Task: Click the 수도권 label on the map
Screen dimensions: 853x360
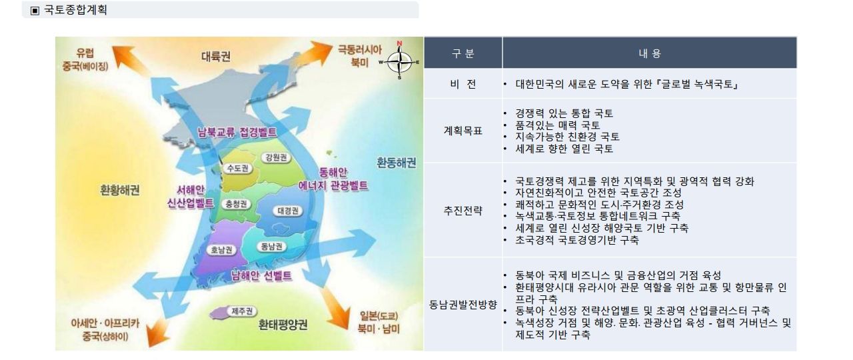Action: click(238, 169)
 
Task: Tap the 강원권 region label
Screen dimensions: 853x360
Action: click(276, 157)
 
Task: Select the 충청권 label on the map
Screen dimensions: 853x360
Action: click(236, 204)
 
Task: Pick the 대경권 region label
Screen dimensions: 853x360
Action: click(288, 211)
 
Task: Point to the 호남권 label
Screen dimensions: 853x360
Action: click(221, 250)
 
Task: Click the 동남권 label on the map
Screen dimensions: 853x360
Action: click(271, 247)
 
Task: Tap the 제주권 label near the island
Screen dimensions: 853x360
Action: click(242, 311)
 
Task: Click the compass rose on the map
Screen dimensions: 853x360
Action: click(399, 60)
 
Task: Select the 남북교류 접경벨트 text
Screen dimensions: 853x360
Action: click(237, 132)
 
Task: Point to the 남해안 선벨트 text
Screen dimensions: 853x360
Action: click(262, 276)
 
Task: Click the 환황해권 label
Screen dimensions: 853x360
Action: click(119, 190)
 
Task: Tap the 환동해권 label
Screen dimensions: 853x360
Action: click(397, 163)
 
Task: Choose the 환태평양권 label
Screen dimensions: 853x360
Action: click(283, 325)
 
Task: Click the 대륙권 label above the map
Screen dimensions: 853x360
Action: click(216, 57)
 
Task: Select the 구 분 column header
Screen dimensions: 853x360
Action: click(463, 53)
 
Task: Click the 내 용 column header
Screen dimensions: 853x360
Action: click(650, 53)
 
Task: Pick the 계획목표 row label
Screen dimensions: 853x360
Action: click(463, 131)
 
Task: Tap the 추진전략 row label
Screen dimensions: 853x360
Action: click(463, 210)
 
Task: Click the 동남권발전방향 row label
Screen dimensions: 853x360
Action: click(463, 305)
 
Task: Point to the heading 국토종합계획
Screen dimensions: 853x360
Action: click(75, 9)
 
